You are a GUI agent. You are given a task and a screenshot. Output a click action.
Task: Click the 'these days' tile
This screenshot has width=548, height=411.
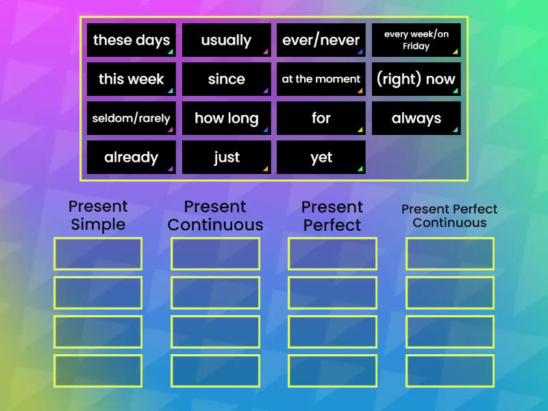132,40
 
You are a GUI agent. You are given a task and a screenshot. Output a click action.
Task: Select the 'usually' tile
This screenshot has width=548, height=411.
226,40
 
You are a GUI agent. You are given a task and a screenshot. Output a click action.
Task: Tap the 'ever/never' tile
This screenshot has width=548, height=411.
321,40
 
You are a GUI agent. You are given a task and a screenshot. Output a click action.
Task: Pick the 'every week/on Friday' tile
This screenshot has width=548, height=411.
416,40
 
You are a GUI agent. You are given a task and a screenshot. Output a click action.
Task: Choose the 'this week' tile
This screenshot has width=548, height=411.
132,79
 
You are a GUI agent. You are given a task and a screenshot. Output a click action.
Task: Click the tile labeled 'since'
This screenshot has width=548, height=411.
226,79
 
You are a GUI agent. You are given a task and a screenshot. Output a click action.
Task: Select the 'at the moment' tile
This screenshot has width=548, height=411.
321,79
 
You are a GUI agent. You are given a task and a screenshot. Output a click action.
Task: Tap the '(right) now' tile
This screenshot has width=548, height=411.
416,79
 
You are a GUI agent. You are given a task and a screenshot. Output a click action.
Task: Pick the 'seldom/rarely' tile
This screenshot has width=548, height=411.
132,118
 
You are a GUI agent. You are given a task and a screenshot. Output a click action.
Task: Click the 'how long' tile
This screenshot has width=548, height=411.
226,118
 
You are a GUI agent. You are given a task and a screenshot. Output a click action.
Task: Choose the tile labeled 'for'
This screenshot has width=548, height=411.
321,118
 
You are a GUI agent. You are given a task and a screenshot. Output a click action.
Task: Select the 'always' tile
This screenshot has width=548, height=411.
416,118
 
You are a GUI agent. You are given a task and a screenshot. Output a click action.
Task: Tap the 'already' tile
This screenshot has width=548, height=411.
132,157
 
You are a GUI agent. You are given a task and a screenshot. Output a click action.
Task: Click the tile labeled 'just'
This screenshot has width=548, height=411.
226,157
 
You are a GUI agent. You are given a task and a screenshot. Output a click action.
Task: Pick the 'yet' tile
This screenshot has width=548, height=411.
321,157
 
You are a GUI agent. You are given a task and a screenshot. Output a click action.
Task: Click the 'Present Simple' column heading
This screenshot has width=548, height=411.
98,215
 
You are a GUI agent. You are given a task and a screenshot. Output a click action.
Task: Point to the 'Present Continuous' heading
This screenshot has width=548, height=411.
215,215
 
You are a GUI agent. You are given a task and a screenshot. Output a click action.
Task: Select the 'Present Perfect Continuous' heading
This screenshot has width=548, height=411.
449,215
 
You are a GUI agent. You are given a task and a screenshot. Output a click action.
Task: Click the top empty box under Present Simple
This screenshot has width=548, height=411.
98,253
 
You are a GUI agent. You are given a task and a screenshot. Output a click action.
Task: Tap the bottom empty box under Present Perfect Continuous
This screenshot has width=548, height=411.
450,371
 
